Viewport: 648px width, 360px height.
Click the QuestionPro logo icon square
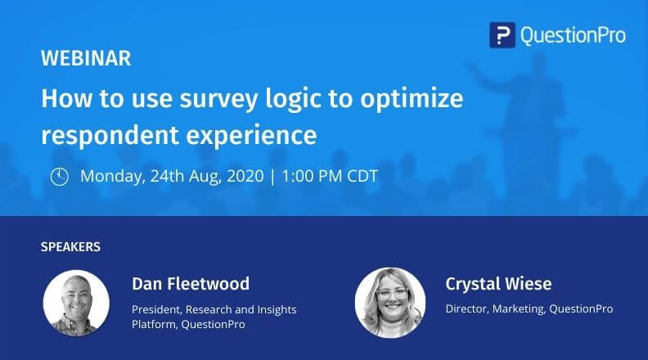click(502, 34)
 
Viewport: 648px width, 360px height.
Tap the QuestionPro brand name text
click(571, 34)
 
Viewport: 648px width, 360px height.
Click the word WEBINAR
click(86, 59)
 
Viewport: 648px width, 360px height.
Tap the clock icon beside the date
click(59, 176)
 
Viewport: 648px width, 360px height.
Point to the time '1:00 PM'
click(308, 176)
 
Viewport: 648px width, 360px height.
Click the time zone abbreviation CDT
click(360, 176)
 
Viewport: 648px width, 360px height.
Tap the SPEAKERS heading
click(70, 246)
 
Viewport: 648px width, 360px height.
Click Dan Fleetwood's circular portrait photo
click(77, 303)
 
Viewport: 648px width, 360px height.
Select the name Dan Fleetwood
click(190, 284)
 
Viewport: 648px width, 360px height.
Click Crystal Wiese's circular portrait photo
click(389, 303)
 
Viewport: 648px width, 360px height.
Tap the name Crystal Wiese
click(498, 284)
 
